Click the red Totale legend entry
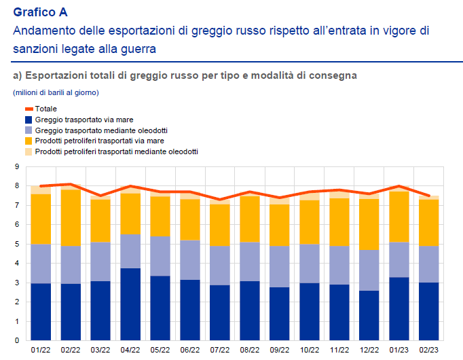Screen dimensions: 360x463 click(46, 109)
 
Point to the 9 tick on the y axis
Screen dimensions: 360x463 click(16, 166)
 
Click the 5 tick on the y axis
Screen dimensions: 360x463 click(16, 244)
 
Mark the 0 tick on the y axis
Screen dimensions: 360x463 click(16, 341)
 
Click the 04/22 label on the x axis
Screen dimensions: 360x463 click(130, 350)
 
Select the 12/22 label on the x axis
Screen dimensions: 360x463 click(369, 350)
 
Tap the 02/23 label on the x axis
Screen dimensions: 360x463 click(429, 350)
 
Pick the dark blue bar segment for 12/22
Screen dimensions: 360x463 click(369, 316)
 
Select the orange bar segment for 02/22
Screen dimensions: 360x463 click(71, 217)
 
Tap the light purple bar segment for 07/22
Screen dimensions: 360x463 click(220, 266)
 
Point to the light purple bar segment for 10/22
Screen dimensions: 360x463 click(310, 264)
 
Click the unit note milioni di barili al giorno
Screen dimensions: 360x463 click(56, 92)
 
